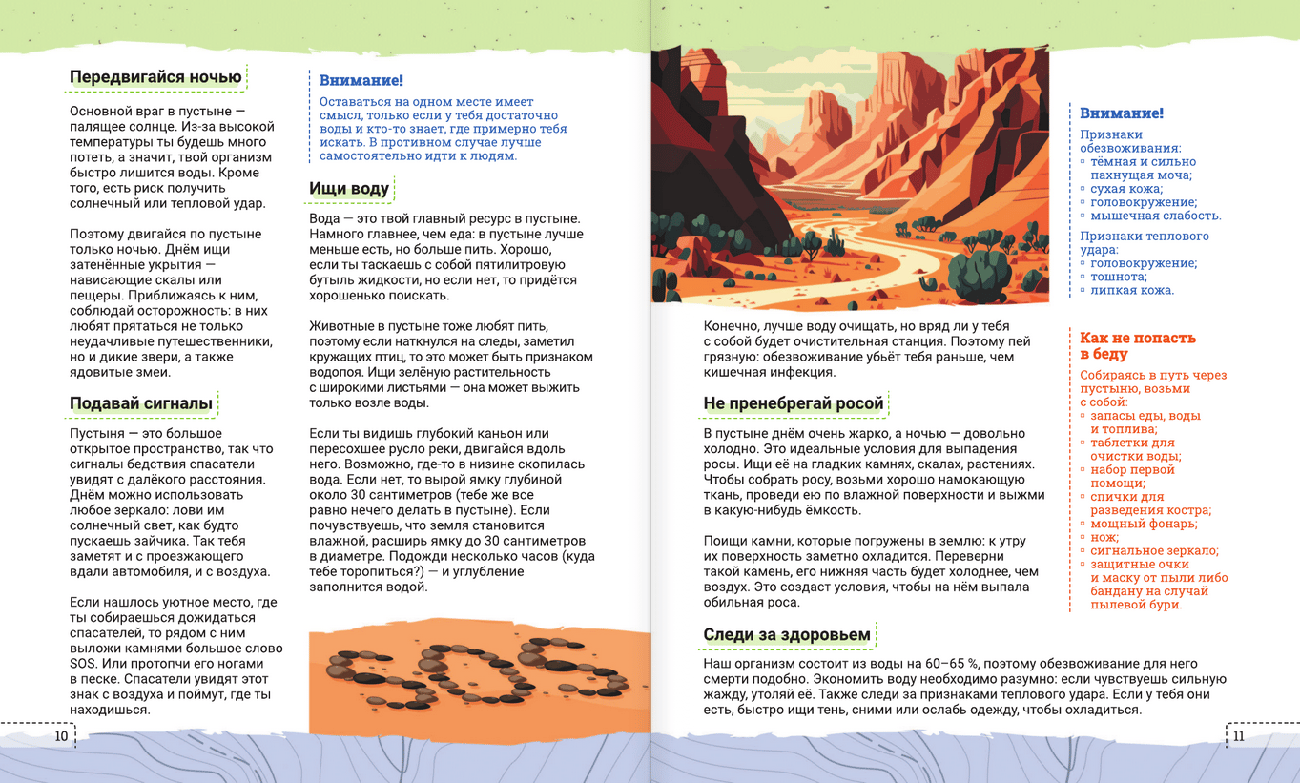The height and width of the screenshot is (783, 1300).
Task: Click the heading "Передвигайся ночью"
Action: (155, 77)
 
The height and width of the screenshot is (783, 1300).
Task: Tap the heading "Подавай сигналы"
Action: (141, 403)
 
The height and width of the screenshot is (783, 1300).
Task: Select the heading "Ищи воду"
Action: (349, 189)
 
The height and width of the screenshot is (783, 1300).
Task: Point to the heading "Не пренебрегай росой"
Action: (794, 403)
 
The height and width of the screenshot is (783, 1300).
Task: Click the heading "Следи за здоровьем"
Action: (787, 634)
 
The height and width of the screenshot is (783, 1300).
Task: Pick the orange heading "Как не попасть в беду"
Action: (1137, 345)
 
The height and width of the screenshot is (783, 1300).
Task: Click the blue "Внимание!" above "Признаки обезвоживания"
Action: (1121, 113)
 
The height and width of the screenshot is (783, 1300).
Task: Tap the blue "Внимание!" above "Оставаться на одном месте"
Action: (361, 81)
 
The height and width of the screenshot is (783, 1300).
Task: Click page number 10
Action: (61, 736)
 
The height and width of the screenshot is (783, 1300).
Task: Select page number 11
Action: (1238, 736)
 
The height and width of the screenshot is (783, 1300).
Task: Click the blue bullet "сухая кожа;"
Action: (1126, 189)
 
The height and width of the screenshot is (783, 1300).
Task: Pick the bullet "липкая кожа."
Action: (1132, 290)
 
